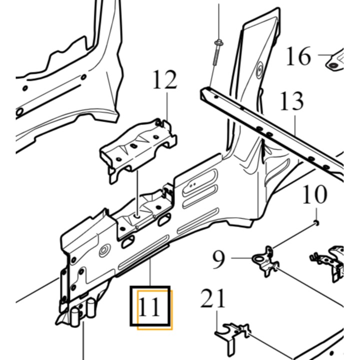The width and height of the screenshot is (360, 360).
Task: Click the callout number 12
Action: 165,79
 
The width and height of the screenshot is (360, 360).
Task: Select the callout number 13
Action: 292,101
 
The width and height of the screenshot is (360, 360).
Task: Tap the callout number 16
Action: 298,56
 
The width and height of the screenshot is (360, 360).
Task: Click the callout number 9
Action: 218,259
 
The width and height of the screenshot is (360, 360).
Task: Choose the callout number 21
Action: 212,298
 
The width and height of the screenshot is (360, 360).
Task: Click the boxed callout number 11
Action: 149,306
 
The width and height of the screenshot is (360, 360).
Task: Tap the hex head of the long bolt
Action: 219,42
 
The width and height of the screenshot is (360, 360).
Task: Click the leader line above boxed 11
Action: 150,272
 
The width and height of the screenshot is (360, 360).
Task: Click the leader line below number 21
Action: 217,321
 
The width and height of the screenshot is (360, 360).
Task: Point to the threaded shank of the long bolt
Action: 216,56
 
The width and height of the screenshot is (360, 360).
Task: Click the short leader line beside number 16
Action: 325,55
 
